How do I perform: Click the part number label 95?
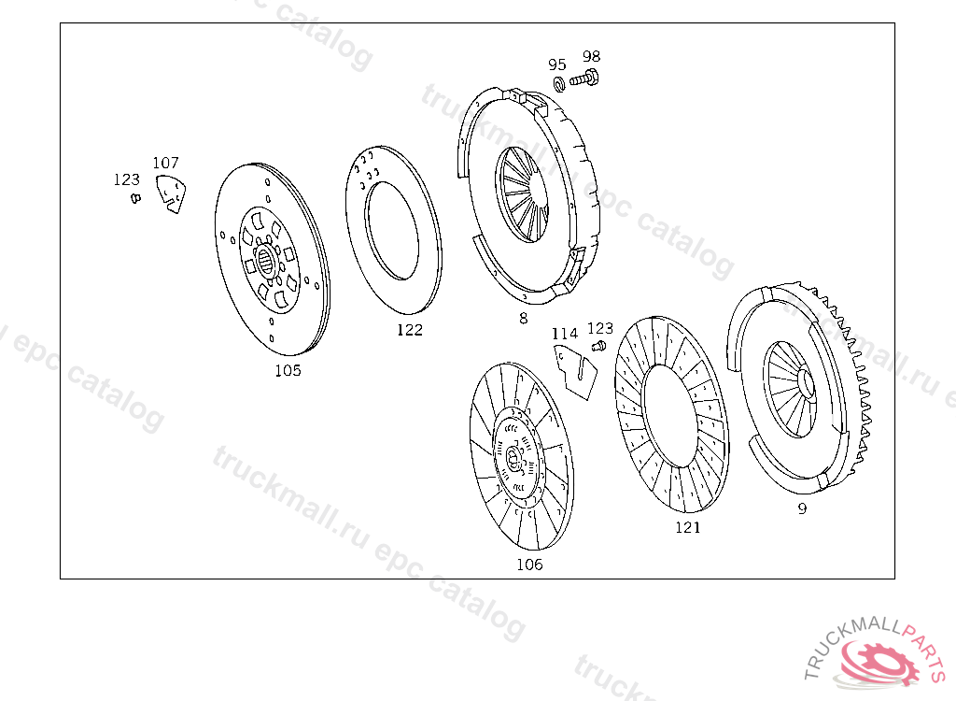[x=556, y=64]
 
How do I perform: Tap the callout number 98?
[x=591, y=56]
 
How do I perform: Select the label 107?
[x=165, y=163]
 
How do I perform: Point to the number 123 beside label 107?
[x=126, y=179]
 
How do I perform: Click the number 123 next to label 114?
[x=600, y=328]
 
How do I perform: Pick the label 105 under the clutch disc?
[x=288, y=371]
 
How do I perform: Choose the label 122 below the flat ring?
[x=409, y=330]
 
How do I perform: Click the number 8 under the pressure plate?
[x=523, y=318]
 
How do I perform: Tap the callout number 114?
[x=565, y=334]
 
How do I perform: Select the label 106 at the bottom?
[x=529, y=565]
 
